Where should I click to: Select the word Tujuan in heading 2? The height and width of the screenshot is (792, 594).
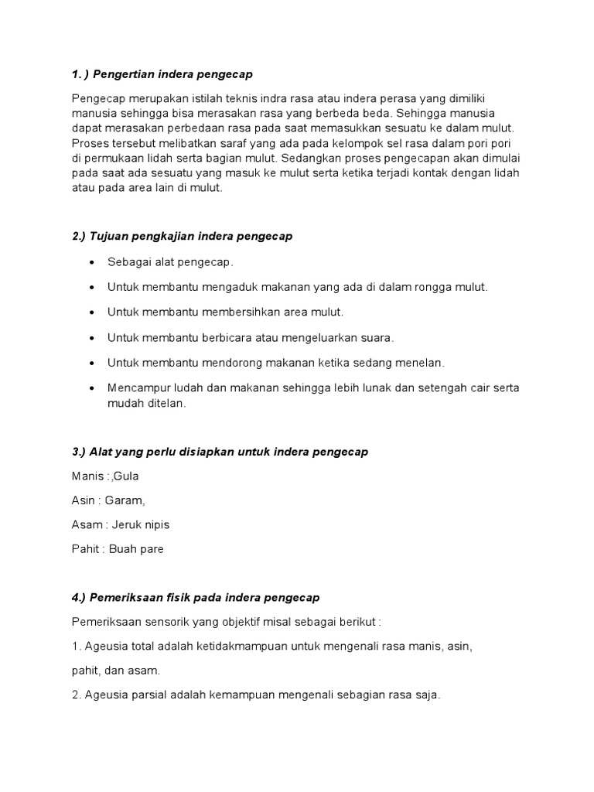pos(110,236)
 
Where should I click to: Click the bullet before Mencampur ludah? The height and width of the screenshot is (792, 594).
pos(92,387)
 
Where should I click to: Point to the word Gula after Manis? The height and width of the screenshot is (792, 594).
pos(127,476)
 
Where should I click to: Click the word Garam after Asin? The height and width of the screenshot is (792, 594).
pos(127,500)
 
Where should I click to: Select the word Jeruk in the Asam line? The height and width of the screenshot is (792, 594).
pos(128,524)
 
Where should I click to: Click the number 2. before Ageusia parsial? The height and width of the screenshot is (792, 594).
pos(76,695)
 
